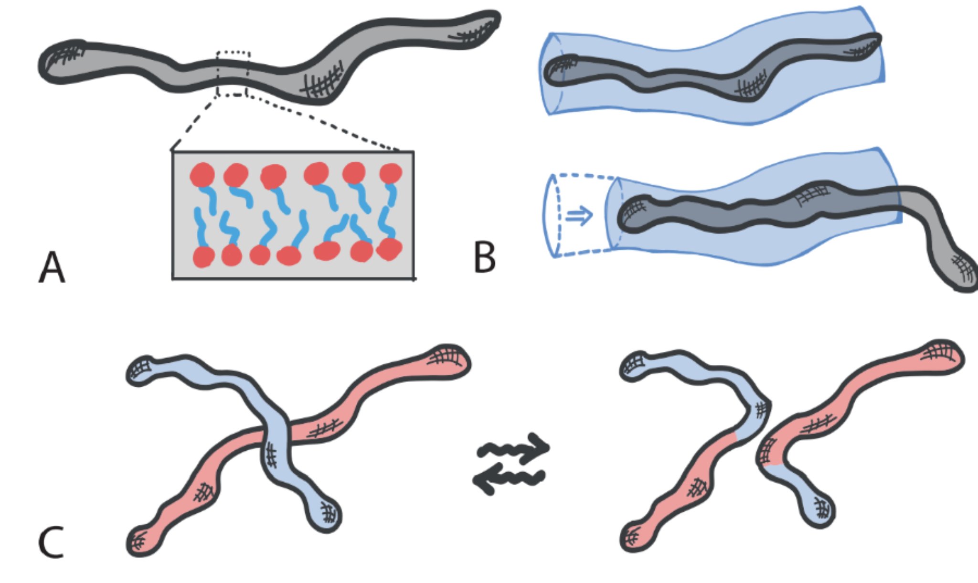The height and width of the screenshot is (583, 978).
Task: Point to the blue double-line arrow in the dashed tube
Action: pos(579,216)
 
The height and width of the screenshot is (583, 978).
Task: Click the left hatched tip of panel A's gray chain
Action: pos(60,62)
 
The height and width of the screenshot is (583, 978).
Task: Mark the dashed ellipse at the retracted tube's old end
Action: pos(552,216)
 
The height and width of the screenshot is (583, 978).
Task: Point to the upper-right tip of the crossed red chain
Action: pos(449,360)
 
